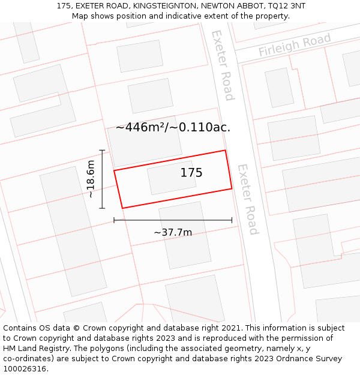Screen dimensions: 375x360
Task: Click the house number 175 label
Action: pyautogui.click(x=191, y=173)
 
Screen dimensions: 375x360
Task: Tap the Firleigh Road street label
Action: pyautogui.click(x=295, y=46)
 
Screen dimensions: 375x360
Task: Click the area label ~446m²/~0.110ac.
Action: pyautogui.click(x=173, y=127)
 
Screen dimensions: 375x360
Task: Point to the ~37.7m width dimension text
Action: pyautogui.click(x=173, y=232)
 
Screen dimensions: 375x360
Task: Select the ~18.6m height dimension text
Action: pyautogui.click(x=91, y=179)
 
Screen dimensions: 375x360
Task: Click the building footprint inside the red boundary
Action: pyautogui.click(x=172, y=178)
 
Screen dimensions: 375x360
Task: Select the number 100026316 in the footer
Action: pyautogui.click(x=26, y=369)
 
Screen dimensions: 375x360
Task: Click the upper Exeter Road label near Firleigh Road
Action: pyautogui.click(x=221, y=65)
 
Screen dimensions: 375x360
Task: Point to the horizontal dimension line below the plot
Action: pyautogui.click(x=173, y=220)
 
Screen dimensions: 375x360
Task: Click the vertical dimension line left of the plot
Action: pyautogui.click(x=102, y=179)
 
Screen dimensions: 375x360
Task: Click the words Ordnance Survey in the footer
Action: pyautogui.click(x=310, y=359)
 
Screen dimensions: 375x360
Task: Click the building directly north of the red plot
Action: pyautogui.click(x=144, y=140)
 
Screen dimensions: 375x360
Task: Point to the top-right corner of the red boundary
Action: pyautogui.click(x=225, y=151)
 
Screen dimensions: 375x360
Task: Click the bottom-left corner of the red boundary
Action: pyautogui.click(x=122, y=208)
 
